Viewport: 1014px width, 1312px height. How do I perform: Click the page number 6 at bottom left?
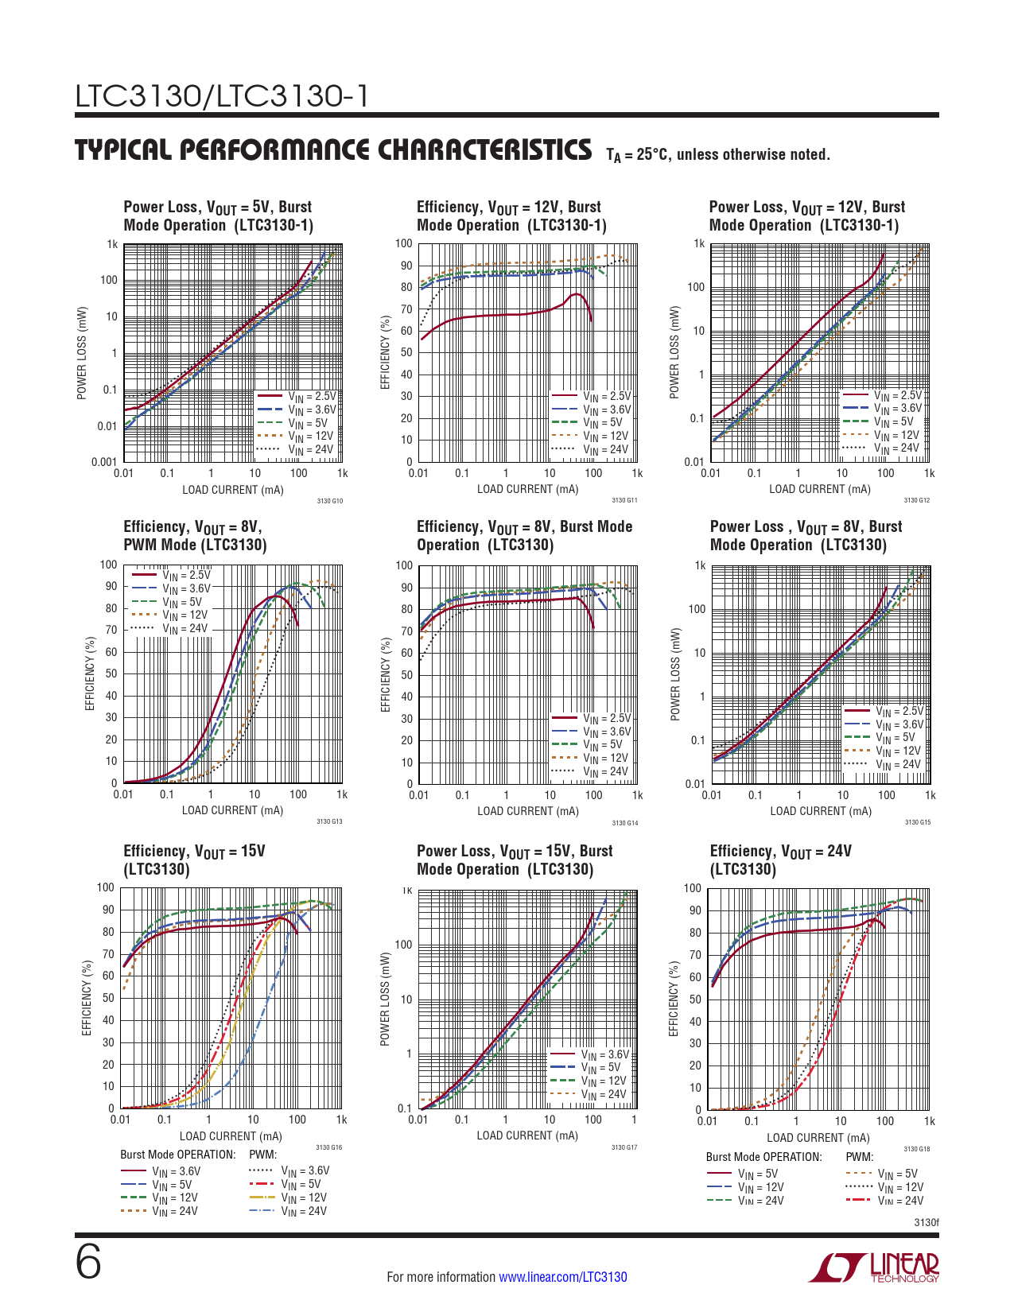[88, 1263]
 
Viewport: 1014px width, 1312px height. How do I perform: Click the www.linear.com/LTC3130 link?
[562, 1277]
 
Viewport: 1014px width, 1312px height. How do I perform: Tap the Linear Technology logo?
[874, 1267]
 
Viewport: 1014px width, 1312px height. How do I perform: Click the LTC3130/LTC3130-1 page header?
[222, 96]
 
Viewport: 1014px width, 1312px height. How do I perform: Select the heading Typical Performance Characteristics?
[333, 150]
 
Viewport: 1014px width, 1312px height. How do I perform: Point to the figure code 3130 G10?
[330, 501]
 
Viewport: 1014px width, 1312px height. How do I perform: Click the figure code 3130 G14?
[625, 823]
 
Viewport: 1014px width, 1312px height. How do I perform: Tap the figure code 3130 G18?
[917, 1149]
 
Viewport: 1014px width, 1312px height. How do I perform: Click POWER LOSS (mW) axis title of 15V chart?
[385, 999]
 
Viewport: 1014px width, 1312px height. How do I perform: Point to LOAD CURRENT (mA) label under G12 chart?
[820, 489]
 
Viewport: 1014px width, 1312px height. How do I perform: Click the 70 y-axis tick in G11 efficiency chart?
[406, 309]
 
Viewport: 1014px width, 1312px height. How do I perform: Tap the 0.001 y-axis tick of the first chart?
[104, 462]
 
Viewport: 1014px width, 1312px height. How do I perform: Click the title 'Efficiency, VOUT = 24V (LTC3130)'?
[780, 860]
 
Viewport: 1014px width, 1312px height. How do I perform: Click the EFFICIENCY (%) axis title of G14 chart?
[387, 674]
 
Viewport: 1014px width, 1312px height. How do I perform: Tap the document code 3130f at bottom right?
[926, 1222]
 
